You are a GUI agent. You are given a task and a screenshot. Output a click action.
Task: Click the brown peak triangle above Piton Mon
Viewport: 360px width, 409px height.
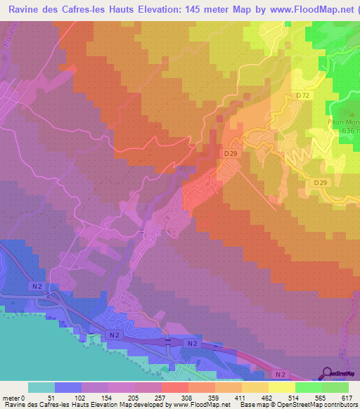pos(344,112)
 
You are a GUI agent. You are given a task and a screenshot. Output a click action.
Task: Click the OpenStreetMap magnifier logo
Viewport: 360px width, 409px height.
pos(328,373)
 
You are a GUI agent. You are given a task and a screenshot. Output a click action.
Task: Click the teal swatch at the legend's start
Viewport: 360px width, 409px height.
pos(41,387)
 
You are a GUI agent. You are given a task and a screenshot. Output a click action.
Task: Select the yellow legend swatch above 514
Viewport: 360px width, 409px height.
pos(282,387)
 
